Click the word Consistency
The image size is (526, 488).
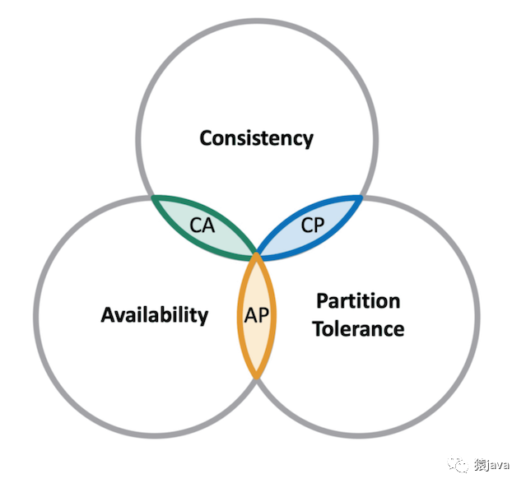pyautogui.click(x=256, y=138)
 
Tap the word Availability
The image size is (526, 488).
pyautogui.click(x=155, y=315)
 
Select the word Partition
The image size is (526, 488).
pyautogui.click(x=358, y=301)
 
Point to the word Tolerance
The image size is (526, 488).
pyautogui.click(x=359, y=328)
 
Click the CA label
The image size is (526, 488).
pyautogui.click(x=202, y=225)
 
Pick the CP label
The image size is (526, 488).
pyautogui.click(x=313, y=225)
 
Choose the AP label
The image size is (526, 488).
pyautogui.click(x=257, y=315)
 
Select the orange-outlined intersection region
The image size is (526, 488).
pyautogui.click(x=257, y=316)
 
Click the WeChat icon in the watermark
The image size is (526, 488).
pyautogui.click(x=458, y=464)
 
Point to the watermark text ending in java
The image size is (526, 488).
pyautogui.click(x=491, y=465)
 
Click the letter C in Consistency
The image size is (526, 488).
pyautogui.click(x=207, y=138)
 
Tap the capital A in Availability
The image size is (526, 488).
pyautogui.click(x=109, y=314)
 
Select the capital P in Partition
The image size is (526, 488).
pyautogui.click(x=323, y=301)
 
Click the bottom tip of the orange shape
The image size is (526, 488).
pyautogui.click(x=257, y=379)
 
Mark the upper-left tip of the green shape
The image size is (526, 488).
pyautogui.click(x=153, y=197)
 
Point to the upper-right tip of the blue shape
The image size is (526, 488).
pyautogui.click(x=361, y=197)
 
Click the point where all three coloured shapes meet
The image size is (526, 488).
pyautogui.click(x=257, y=256)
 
